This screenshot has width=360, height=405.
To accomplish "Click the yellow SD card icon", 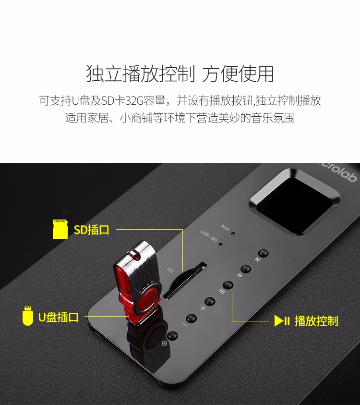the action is coord(60,229).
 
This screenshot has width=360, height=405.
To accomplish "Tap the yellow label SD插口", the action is coord(92,230).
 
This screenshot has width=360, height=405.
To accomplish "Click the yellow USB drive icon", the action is coord(28,316).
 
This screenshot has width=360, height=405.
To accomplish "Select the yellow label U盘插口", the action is coord(59,317).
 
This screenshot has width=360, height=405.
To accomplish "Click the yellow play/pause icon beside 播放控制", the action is coord(282,321).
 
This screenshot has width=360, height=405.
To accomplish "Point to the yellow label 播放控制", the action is coord(316,321).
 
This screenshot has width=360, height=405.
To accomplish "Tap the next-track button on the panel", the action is coord(263,253).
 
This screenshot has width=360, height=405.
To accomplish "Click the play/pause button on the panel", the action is coord(228,285).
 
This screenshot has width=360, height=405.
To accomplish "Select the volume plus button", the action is coord(210,302).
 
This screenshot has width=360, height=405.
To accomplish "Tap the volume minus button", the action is coord(192,319).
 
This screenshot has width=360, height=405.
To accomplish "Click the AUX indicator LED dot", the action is coord(233,233).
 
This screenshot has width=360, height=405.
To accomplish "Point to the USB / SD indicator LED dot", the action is coord(220,244).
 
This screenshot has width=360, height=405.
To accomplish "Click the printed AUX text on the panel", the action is coord(225,228).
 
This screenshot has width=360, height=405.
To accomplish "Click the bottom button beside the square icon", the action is coord(172,336).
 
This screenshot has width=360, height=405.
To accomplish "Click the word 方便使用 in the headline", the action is coord(238,74).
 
